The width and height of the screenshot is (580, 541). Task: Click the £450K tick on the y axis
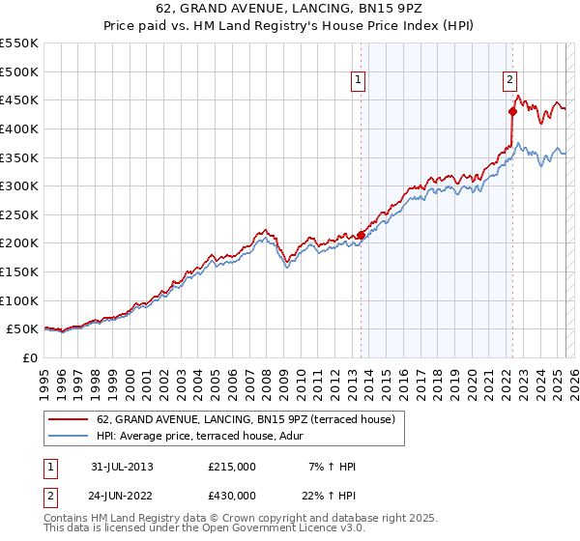pyautogui.click(x=19, y=100)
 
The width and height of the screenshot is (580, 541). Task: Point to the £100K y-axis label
pyautogui.click(x=19, y=300)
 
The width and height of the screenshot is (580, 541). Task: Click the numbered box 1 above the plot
pyautogui.click(x=359, y=81)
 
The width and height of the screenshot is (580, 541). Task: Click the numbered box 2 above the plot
pyautogui.click(x=509, y=81)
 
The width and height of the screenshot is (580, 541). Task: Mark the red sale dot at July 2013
pyautogui.click(x=361, y=234)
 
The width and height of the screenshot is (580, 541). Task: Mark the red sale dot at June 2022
pyautogui.click(x=513, y=111)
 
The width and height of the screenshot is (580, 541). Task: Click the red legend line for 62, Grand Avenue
pyautogui.click(x=68, y=420)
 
